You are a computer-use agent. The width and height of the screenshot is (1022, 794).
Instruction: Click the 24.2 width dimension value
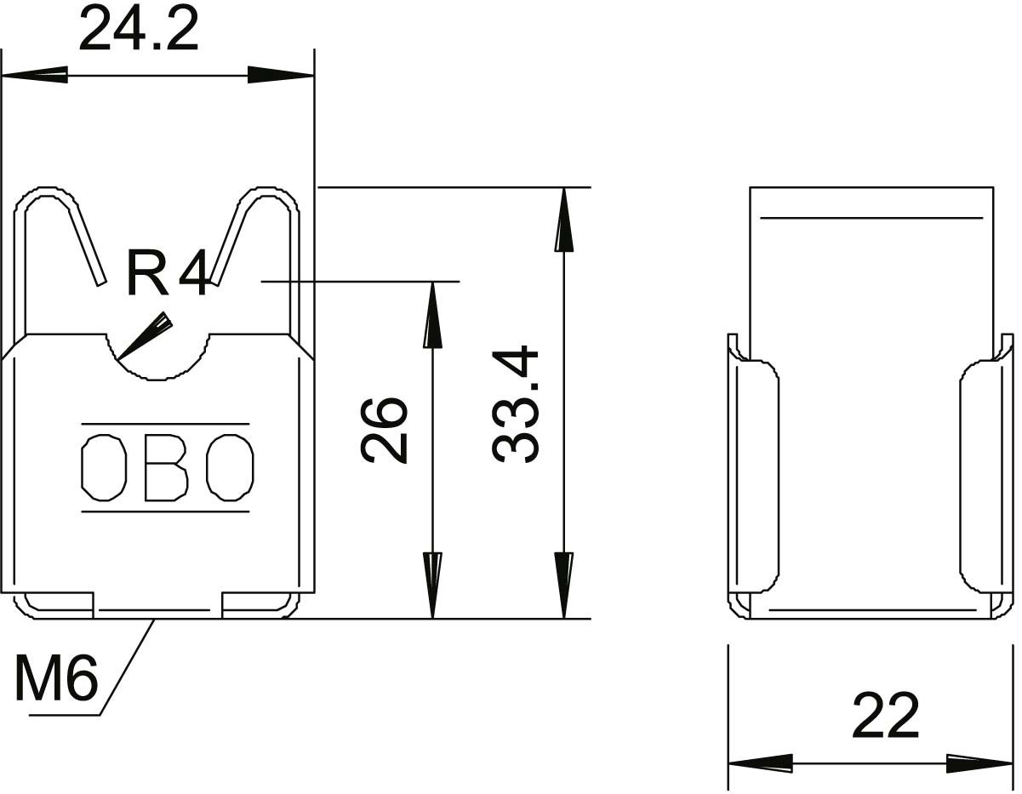coord(139,29)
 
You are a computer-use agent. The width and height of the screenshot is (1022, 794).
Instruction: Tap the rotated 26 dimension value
coord(383,431)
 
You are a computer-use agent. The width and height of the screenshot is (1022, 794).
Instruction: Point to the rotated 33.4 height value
coord(515,404)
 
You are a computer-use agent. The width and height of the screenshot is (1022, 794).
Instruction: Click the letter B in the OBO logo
coord(167,467)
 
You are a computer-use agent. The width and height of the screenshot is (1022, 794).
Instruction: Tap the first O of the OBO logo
coord(104,467)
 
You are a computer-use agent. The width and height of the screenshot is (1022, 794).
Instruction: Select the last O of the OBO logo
coord(230,467)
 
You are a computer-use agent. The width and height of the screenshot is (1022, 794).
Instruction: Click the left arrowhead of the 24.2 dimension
coord(35,75)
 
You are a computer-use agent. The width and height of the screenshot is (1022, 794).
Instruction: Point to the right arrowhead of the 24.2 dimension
coord(281,75)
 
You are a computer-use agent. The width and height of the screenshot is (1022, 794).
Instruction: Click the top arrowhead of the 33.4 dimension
coord(564,220)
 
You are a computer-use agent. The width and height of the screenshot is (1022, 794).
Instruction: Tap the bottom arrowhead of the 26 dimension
coord(432,586)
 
